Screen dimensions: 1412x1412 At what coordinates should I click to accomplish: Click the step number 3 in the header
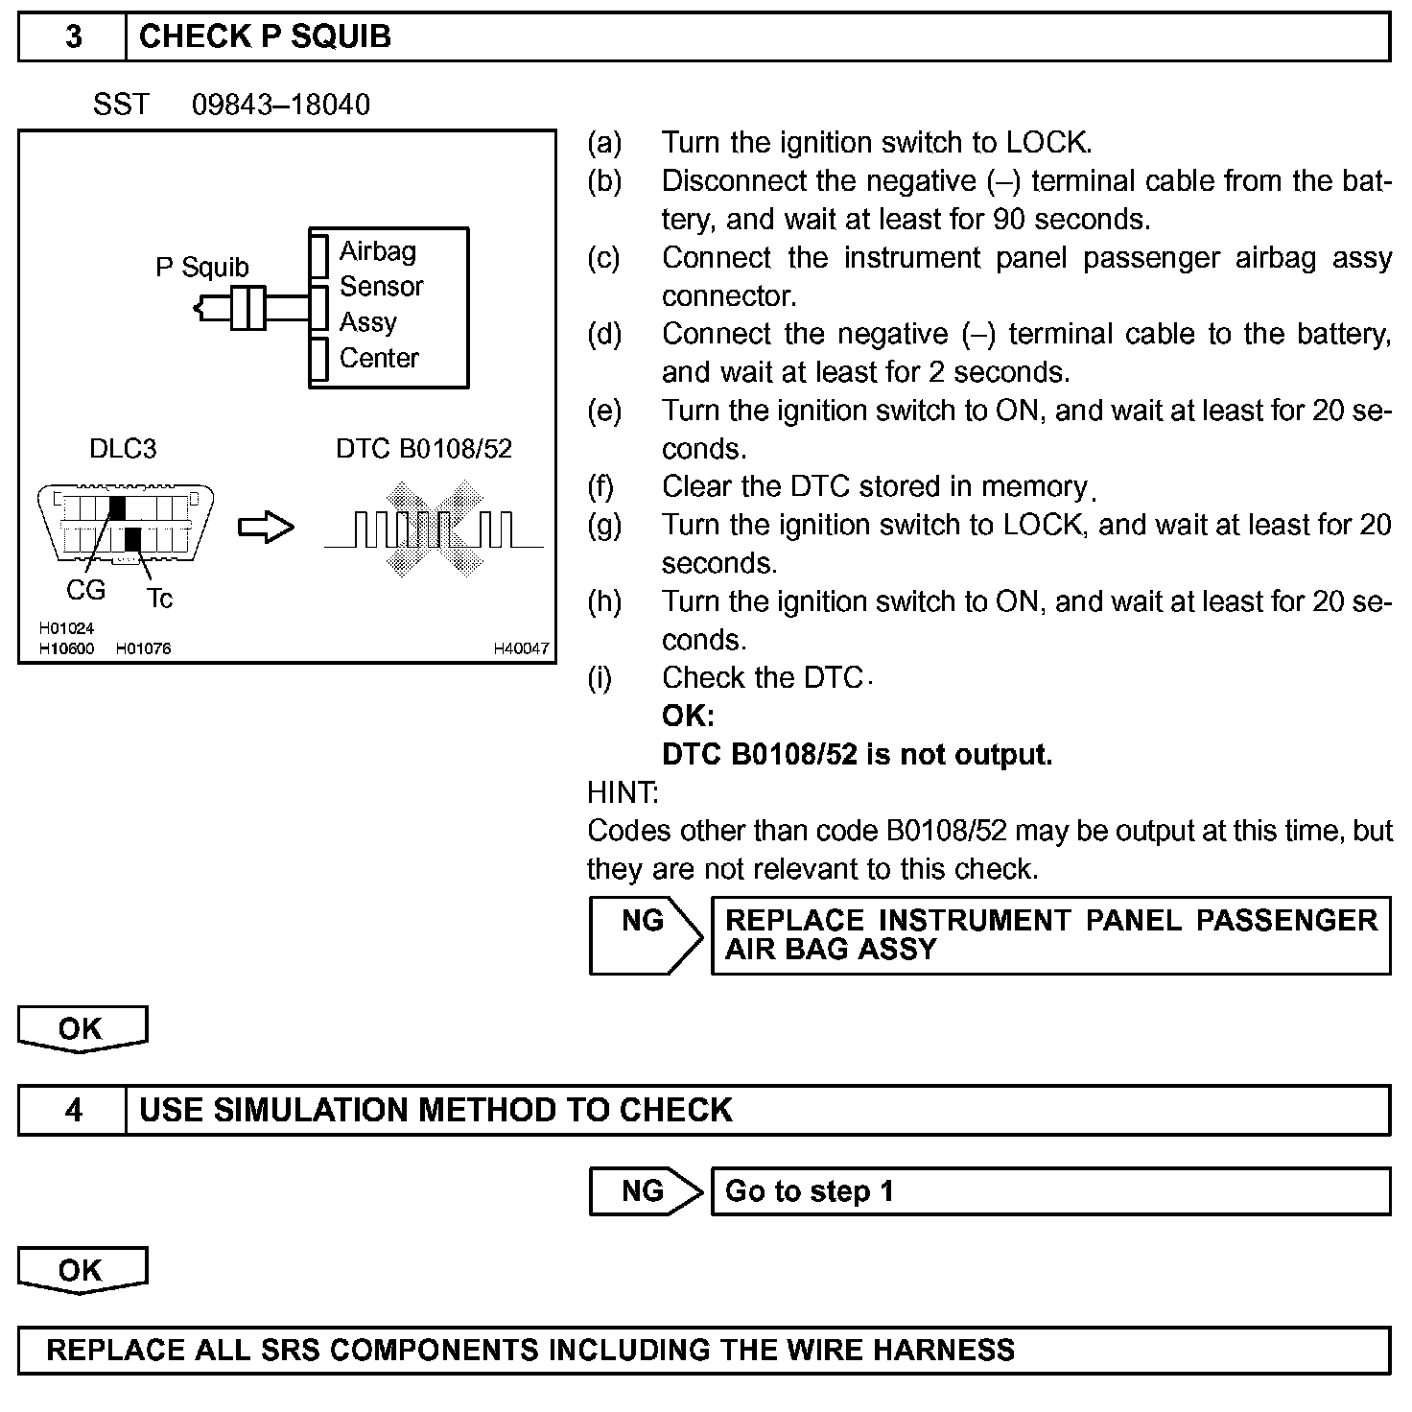(x=73, y=37)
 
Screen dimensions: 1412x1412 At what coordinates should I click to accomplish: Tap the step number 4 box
(x=73, y=1111)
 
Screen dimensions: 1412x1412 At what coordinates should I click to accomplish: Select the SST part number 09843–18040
(x=280, y=105)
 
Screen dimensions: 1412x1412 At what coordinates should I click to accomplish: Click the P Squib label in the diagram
(x=201, y=267)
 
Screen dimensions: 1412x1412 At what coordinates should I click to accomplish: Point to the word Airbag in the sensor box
(x=378, y=251)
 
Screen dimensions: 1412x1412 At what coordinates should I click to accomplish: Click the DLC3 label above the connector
(x=123, y=449)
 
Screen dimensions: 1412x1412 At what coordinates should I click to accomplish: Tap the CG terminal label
(x=85, y=590)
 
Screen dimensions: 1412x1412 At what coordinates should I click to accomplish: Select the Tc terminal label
(x=160, y=600)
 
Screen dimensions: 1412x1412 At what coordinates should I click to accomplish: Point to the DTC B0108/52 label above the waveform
(x=423, y=449)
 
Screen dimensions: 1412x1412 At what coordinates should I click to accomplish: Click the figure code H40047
(x=521, y=649)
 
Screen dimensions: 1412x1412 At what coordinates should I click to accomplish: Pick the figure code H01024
(x=66, y=629)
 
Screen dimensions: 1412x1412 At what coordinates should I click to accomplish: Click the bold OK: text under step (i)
(x=688, y=717)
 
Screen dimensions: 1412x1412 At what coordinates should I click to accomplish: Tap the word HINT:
(x=623, y=793)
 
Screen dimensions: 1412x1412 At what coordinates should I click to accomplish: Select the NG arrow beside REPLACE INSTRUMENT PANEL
(x=645, y=935)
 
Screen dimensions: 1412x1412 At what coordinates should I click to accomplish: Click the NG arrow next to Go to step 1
(x=645, y=1191)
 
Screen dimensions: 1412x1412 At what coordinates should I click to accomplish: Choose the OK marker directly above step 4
(x=82, y=1029)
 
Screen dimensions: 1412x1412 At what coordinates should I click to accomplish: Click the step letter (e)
(x=604, y=411)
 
